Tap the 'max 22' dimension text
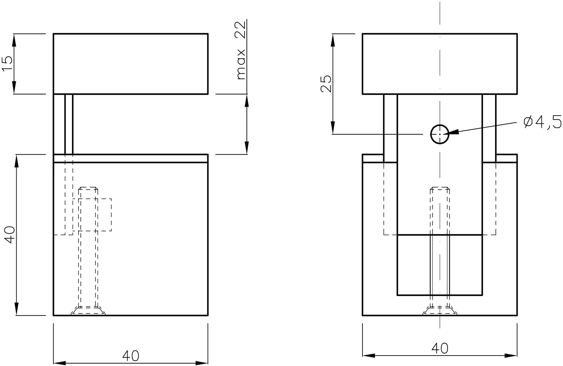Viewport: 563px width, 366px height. tap(241, 50)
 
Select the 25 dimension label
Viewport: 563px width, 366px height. tap(326, 83)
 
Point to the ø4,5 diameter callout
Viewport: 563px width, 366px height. tap(542, 122)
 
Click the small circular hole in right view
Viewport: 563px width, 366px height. tap(439, 134)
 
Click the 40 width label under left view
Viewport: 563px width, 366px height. tap(130, 356)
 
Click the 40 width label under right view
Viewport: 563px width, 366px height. tap(440, 348)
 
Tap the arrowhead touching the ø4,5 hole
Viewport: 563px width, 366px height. tap(454, 132)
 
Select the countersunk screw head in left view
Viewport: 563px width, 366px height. tap(88, 311)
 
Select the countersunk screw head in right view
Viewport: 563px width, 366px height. tap(440, 311)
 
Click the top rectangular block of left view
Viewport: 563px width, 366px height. tap(130, 63)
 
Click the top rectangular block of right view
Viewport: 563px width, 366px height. tap(439, 63)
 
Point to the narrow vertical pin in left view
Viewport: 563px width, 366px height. tap(69, 124)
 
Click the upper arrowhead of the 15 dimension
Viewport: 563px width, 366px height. tap(14, 39)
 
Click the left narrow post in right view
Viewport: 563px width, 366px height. tap(390, 128)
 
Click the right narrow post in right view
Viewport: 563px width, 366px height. tap(489, 128)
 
